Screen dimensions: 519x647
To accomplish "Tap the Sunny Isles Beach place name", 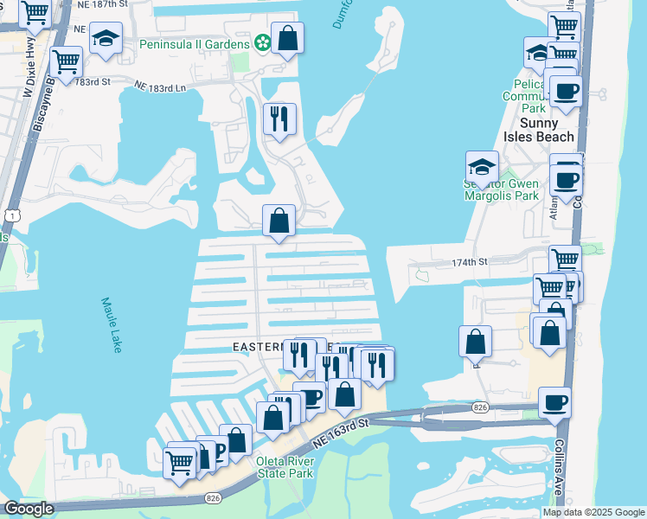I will (x=540, y=130).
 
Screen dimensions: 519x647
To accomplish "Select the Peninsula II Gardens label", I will (x=196, y=42).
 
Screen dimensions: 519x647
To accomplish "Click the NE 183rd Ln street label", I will (x=161, y=86).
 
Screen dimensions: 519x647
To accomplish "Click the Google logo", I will (x=29, y=509).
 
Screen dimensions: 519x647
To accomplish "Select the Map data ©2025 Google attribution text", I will (x=593, y=512).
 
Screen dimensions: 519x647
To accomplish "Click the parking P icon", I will (x=217, y=450).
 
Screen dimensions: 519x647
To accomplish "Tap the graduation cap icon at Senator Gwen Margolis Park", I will (x=482, y=166).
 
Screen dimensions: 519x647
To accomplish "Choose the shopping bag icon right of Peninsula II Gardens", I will (x=287, y=38).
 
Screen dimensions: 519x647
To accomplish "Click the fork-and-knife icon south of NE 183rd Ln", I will (x=279, y=119).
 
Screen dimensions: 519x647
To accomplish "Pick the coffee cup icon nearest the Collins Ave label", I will (x=554, y=402).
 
